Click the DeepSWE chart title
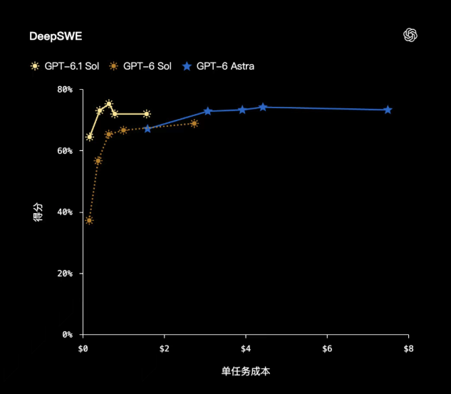56,36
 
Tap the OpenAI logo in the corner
410,35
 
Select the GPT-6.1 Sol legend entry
65,66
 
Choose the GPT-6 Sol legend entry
140,66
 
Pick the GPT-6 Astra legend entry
219,66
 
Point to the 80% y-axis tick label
65,90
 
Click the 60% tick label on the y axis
65,151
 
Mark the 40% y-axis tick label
65,212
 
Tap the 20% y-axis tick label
65,273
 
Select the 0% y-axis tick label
67,334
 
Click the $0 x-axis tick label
83,348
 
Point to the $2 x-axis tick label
165,348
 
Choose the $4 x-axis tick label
246,348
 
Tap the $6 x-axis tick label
327,348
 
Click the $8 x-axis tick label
408,348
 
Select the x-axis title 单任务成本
246,371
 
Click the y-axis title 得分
38,212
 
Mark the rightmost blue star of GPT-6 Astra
388,110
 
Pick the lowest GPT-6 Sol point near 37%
89,221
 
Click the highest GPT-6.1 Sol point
109,104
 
